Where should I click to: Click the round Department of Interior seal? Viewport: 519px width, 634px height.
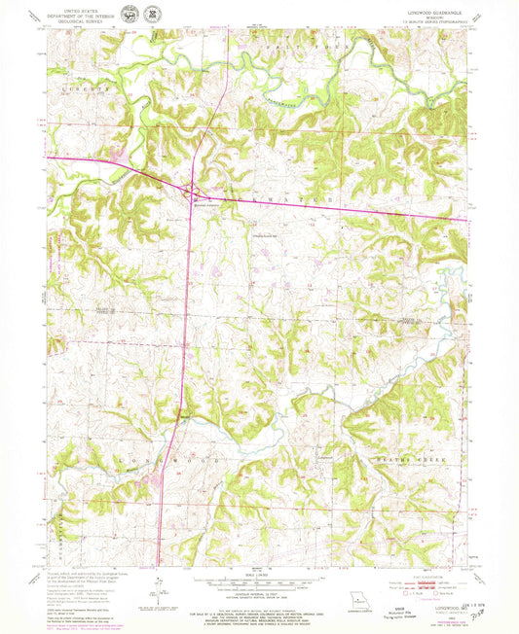coord(129,14)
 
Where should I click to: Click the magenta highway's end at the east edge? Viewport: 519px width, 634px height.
coord(465,219)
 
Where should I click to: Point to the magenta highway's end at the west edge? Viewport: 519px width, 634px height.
coord(47,158)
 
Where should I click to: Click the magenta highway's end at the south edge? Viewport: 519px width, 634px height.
coord(159,563)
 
